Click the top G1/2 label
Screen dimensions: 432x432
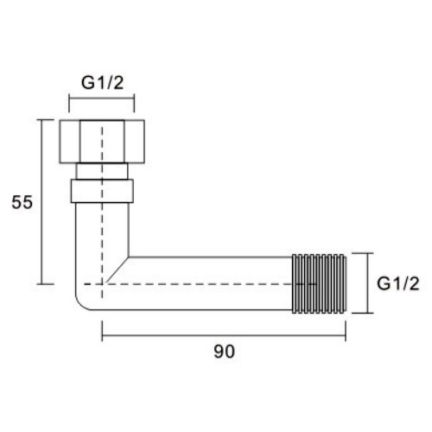[x=102, y=83]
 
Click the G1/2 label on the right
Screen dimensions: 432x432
[x=398, y=283]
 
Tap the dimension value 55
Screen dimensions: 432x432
[x=22, y=202]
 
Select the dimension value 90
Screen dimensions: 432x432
[x=225, y=352]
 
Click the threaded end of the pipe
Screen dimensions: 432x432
[x=319, y=283]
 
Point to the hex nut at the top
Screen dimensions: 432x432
[x=102, y=142]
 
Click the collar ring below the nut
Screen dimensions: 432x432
[x=102, y=191]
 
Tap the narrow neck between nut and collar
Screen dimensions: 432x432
[x=102, y=171]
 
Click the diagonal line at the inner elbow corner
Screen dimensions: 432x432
[x=118, y=269]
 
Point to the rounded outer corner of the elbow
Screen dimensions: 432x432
[x=81, y=304]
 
